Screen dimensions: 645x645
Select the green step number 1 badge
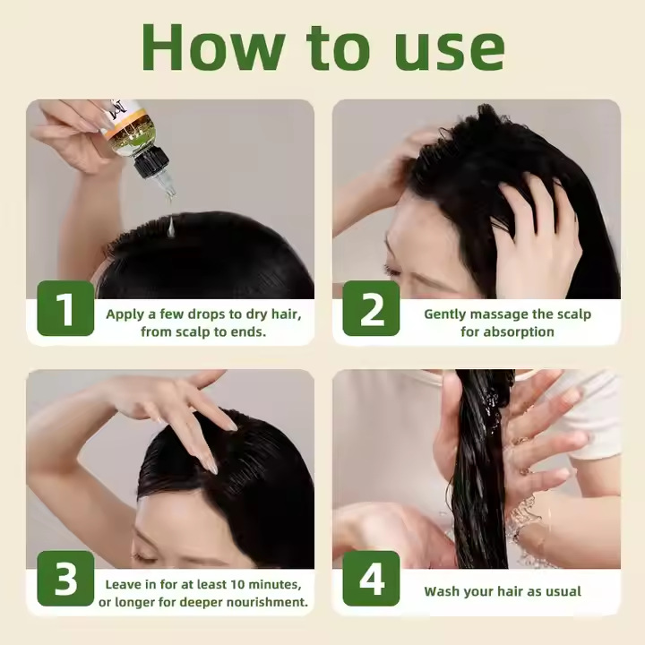click(x=65, y=308)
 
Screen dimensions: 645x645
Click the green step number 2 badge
click(x=371, y=308)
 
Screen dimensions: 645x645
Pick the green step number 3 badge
click(x=65, y=579)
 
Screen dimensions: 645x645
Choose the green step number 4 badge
click(x=371, y=579)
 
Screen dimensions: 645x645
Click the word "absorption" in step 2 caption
click(x=519, y=331)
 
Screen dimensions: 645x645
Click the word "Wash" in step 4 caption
click(x=442, y=591)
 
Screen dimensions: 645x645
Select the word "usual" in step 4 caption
click(x=563, y=591)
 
